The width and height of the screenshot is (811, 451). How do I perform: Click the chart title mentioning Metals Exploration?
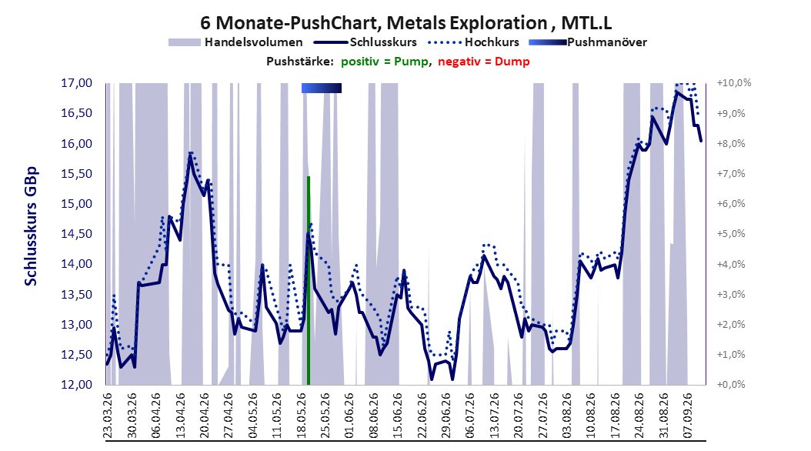[x=406, y=23]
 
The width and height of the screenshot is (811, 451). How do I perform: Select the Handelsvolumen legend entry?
[x=236, y=42]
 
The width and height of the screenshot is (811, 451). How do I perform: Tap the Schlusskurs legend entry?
[x=365, y=42]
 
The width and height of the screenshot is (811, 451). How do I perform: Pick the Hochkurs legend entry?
[x=472, y=42]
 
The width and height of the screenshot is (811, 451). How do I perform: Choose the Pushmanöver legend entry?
[x=588, y=42]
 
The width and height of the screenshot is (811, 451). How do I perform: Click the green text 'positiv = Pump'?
[x=385, y=62]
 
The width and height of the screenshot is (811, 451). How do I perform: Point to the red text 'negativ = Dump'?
[x=484, y=62]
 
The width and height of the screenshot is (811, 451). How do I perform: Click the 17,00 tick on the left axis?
[x=76, y=83]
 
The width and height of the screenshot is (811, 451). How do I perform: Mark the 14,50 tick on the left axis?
[x=76, y=234]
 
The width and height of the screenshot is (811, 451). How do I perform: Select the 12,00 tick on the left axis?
[x=76, y=385]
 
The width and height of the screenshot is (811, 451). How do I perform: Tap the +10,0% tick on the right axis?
[x=734, y=83]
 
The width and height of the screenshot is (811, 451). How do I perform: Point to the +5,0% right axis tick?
[x=731, y=234]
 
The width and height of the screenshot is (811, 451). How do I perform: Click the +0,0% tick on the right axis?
[x=731, y=385]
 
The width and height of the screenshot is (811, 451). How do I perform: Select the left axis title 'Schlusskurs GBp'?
[x=31, y=226]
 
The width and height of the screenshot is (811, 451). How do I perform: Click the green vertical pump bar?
[x=309, y=281]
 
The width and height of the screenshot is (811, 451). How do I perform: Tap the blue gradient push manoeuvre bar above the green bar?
[x=321, y=88]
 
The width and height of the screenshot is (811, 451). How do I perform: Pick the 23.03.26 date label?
[x=108, y=416]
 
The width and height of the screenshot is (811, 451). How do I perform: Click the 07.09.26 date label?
[x=688, y=416]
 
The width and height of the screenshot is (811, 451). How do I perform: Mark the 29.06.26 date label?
[x=446, y=416]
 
